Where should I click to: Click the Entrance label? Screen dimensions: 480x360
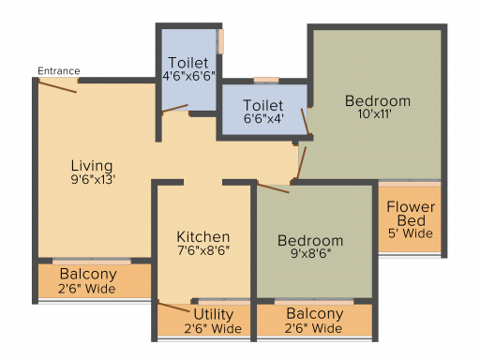point(59,71)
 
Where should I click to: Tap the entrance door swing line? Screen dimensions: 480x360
point(57,86)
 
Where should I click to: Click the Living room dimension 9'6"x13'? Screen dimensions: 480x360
point(93,180)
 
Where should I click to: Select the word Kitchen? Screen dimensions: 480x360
point(203,237)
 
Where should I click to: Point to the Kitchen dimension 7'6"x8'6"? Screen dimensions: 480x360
point(203,250)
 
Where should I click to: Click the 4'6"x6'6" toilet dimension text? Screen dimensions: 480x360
point(188,76)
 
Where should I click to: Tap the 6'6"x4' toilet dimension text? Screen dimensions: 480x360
point(263,119)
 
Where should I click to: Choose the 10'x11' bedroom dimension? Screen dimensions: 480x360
point(374,114)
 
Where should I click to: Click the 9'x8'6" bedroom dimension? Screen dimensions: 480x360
point(311,253)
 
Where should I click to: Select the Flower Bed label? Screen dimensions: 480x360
point(411,214)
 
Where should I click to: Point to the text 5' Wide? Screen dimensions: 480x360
point(411,233)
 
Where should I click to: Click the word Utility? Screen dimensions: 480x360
point(214,314)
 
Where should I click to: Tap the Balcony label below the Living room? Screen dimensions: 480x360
point(88,275)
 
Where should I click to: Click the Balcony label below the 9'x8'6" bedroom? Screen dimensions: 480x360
point(315,314)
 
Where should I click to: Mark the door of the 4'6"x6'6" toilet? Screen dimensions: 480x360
point(174,108)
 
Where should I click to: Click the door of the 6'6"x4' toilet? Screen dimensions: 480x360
point(305,122)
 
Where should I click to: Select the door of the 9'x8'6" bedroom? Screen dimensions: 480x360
point(273,188)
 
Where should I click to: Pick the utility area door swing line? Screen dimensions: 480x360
point(173,307)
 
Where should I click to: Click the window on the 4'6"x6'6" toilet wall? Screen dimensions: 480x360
point(221,41)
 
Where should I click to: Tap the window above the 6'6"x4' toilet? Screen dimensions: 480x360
point(266,81)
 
